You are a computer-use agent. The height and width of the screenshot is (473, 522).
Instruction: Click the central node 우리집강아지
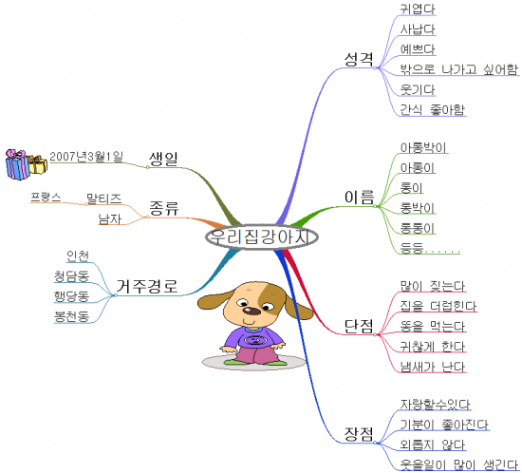(x=262, y=236)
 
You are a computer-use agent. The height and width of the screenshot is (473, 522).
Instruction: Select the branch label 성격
(x=359, y=59)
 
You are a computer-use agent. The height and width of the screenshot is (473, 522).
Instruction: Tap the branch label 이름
(x=359, y=198)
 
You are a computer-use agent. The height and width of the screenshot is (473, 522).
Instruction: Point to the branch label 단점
(x=359, y=326)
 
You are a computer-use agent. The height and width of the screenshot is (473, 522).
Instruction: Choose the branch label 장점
(x=359, y=434)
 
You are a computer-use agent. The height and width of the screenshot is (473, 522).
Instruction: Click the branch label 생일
(x=164, y=159)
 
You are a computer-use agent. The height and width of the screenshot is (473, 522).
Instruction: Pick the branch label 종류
(x=164, y=208)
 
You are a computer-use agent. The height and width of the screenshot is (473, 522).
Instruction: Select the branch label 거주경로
(x=147, y=286)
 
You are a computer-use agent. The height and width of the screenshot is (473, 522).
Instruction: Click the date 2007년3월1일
(x=86, y=156)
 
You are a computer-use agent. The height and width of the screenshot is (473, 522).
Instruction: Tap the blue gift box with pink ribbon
(x=17, y=164)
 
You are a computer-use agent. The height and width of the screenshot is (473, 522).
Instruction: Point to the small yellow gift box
(x=38, y=164)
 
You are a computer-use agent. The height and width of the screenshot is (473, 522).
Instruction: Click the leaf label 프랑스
(x=46, y=198)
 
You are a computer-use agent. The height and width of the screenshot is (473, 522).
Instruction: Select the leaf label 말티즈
(x=104, y=199)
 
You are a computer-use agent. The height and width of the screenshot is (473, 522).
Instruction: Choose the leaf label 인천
(x=78, y=255)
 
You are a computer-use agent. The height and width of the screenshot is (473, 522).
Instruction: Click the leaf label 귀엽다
(x=418, y=9)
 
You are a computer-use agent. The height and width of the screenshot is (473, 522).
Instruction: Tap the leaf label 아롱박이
(x=423, y=147)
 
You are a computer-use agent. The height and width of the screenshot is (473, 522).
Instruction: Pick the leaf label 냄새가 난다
(x=433, y=367)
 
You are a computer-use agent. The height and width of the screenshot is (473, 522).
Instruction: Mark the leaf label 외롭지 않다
(x=433, y=445)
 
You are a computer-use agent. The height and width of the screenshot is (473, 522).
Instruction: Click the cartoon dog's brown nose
(x=252, y=312)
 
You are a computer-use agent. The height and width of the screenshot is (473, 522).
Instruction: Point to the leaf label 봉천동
(x=72, y=316)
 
